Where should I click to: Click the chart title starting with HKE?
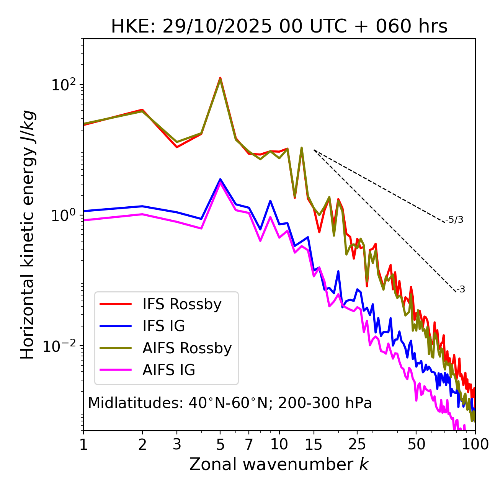279,27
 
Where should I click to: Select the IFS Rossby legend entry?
182,304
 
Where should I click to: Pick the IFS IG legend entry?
163,326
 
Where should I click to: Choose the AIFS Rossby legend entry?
187,348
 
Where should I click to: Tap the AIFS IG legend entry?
169,370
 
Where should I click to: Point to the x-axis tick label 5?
220,444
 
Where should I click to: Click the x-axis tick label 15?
314,444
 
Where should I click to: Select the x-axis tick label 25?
357,444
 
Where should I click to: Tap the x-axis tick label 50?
416,444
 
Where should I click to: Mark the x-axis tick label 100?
475,444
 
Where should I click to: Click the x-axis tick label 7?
249,444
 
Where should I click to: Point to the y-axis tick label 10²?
64,85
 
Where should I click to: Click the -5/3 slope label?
454,220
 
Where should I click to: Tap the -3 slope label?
461,290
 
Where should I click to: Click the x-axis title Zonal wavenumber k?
279,464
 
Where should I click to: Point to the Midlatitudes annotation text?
230,403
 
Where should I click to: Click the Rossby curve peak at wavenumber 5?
220,78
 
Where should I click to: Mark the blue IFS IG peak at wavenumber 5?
220,179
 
